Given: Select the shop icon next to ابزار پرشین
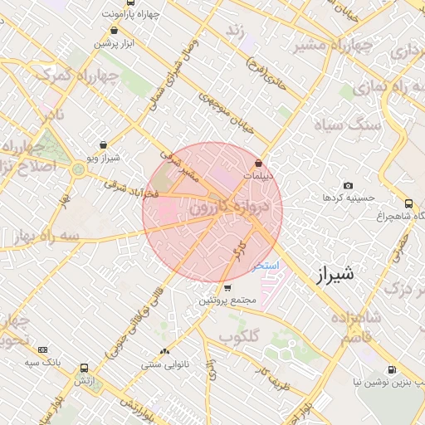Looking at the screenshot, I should pyautogui.click(x=113, y=31).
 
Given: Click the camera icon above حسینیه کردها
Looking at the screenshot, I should pyautogui.click(x=347, y=185).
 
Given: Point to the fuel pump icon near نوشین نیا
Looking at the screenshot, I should pyautogui.click(x=391, y=370).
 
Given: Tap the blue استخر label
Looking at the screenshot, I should pyautogui.click(x=266, y=266).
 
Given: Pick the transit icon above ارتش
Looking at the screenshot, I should pyautogui.click(x=84, y=368).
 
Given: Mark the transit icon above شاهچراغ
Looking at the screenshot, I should pyautogui.click(x=408, y=203).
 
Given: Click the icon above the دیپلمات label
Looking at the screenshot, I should pyautogui.click(x=260, y=164).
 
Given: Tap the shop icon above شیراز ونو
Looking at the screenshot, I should pyautogui.click(x=103, y=144).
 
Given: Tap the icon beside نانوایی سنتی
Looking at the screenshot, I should pyautogui.click(x=164, y=351).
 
